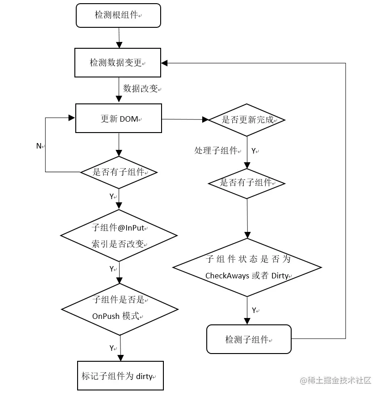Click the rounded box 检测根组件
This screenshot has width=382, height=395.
[x=118, y=15]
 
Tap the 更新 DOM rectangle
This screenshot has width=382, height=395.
[x=118, y=119]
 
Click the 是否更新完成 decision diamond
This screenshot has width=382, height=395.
[x=247, y=120]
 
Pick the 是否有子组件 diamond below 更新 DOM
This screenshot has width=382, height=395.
[x=119, y=172]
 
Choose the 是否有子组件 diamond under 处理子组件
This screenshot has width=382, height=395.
[x=247, y=183]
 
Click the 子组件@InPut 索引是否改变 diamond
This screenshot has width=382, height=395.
[x=119, y=236]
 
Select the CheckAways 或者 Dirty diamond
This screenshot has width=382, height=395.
[x=247, y=267]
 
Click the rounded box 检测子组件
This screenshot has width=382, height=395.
[x=249, y=339]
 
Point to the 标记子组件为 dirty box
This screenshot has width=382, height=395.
[x=119, y=376]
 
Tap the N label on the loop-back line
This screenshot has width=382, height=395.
[x=39, y=146]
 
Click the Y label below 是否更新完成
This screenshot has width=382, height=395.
[x=254, y=151]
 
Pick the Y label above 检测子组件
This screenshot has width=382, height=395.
[x=255, y=310]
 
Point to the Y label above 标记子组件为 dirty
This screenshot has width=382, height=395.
[x=112, y=348]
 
